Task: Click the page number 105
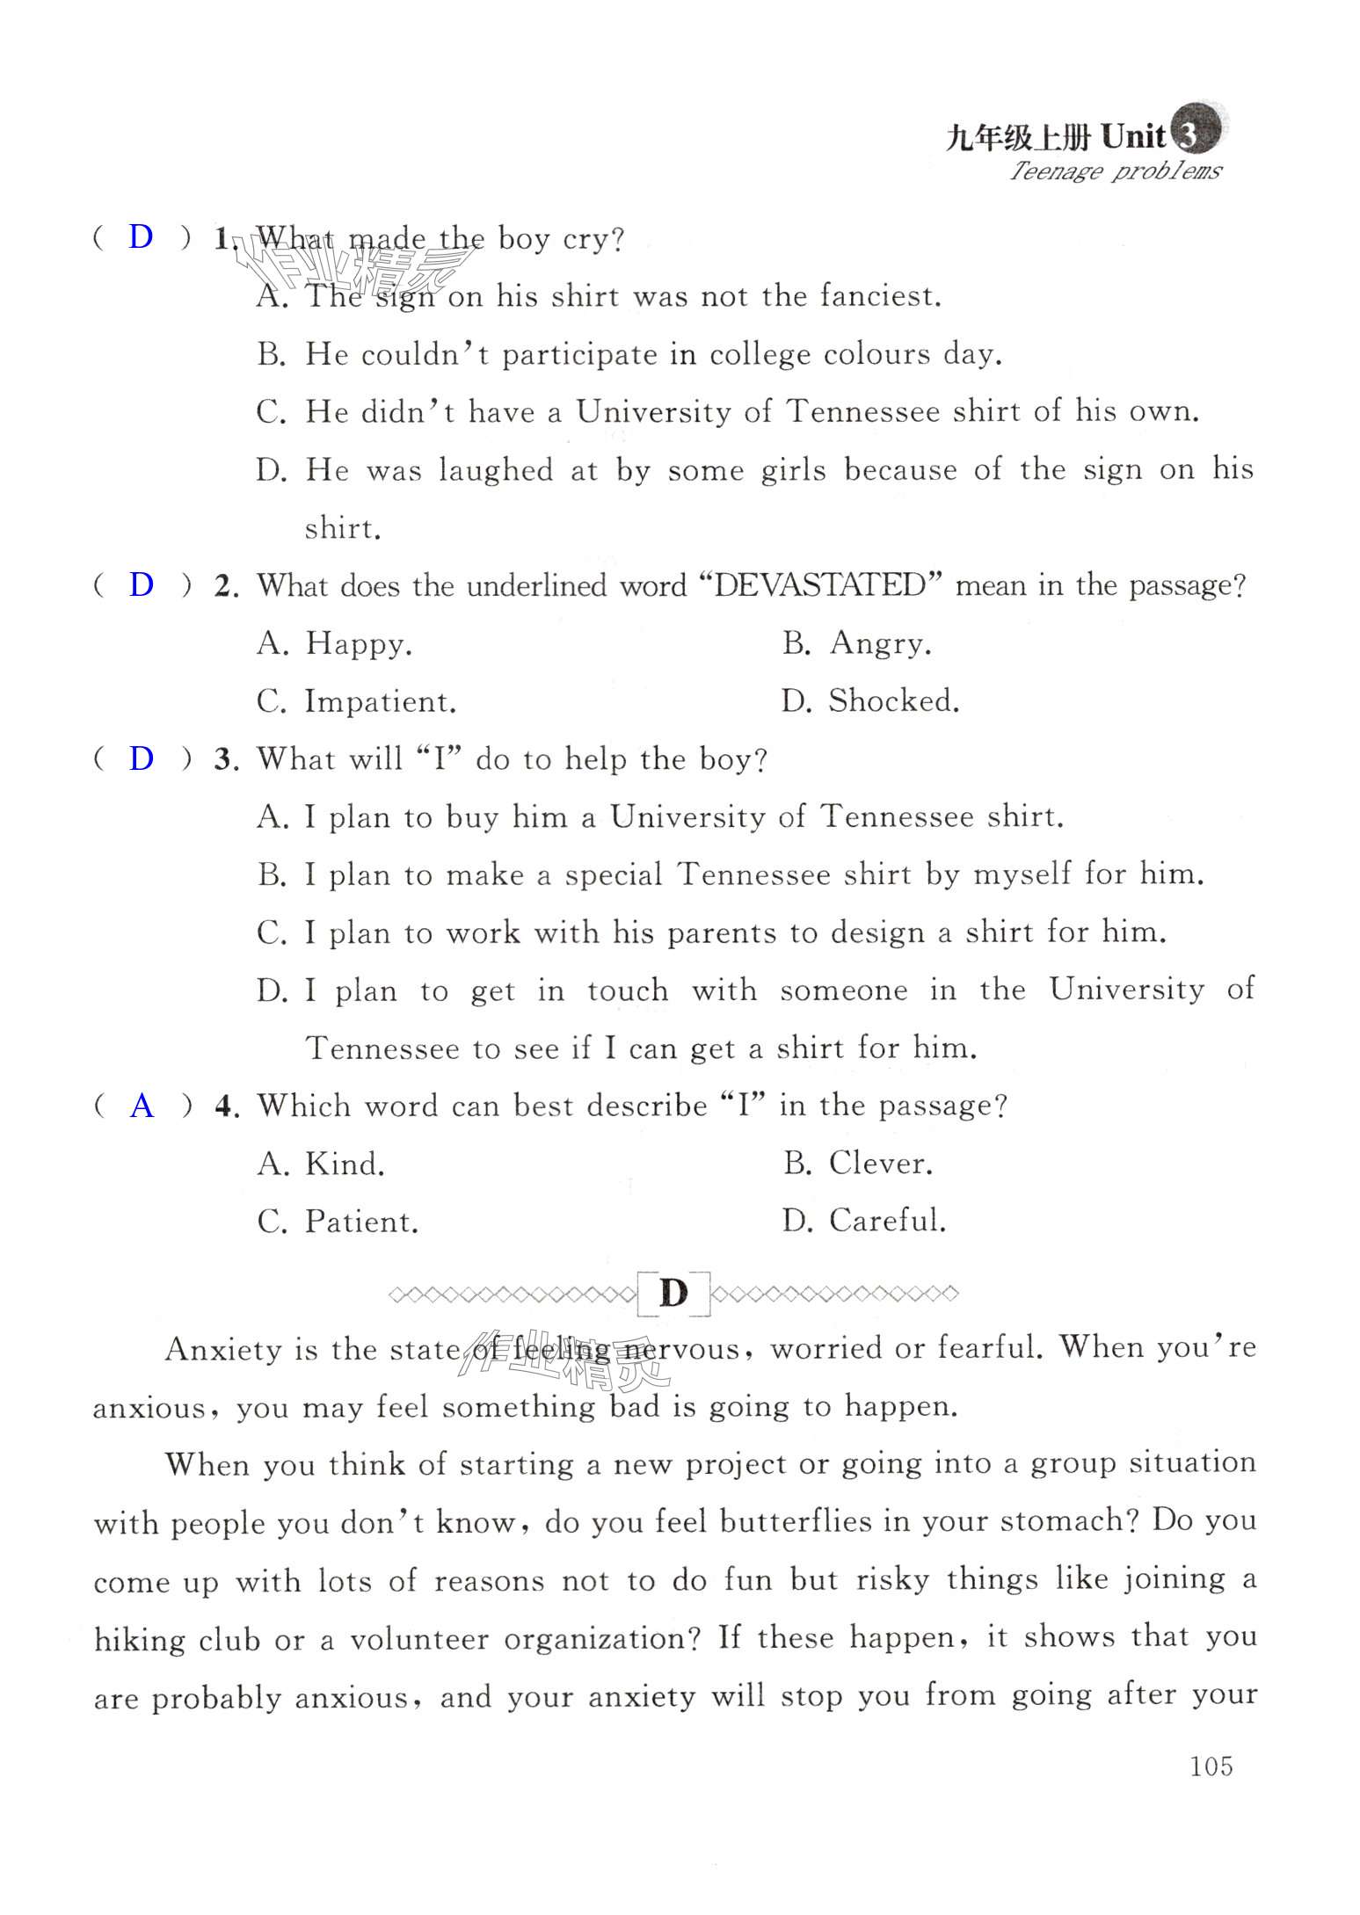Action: (x=1211, y=1766)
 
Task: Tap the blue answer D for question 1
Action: (x=141, y=236)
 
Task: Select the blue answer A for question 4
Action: (x=142, y=1106)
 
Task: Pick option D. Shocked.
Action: (x=870, y=701)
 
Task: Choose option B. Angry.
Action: (x=856, y=643)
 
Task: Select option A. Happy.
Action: (x=334, y=644)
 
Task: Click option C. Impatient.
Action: (x=356, y=702)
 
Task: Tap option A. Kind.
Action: (x=321, y=1164)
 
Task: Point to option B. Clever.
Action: (x=858, y=1164)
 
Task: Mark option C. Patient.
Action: (x=338, y=1222)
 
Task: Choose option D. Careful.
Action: (x=864, y=1221)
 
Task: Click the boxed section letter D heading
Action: (x=673, y=1294)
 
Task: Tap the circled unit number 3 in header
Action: (x=1188, y=134)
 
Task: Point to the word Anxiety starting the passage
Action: (x=223, y=1350)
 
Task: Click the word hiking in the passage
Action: (x=140, y=1639)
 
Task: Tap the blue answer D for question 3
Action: (x=141, y=758)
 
